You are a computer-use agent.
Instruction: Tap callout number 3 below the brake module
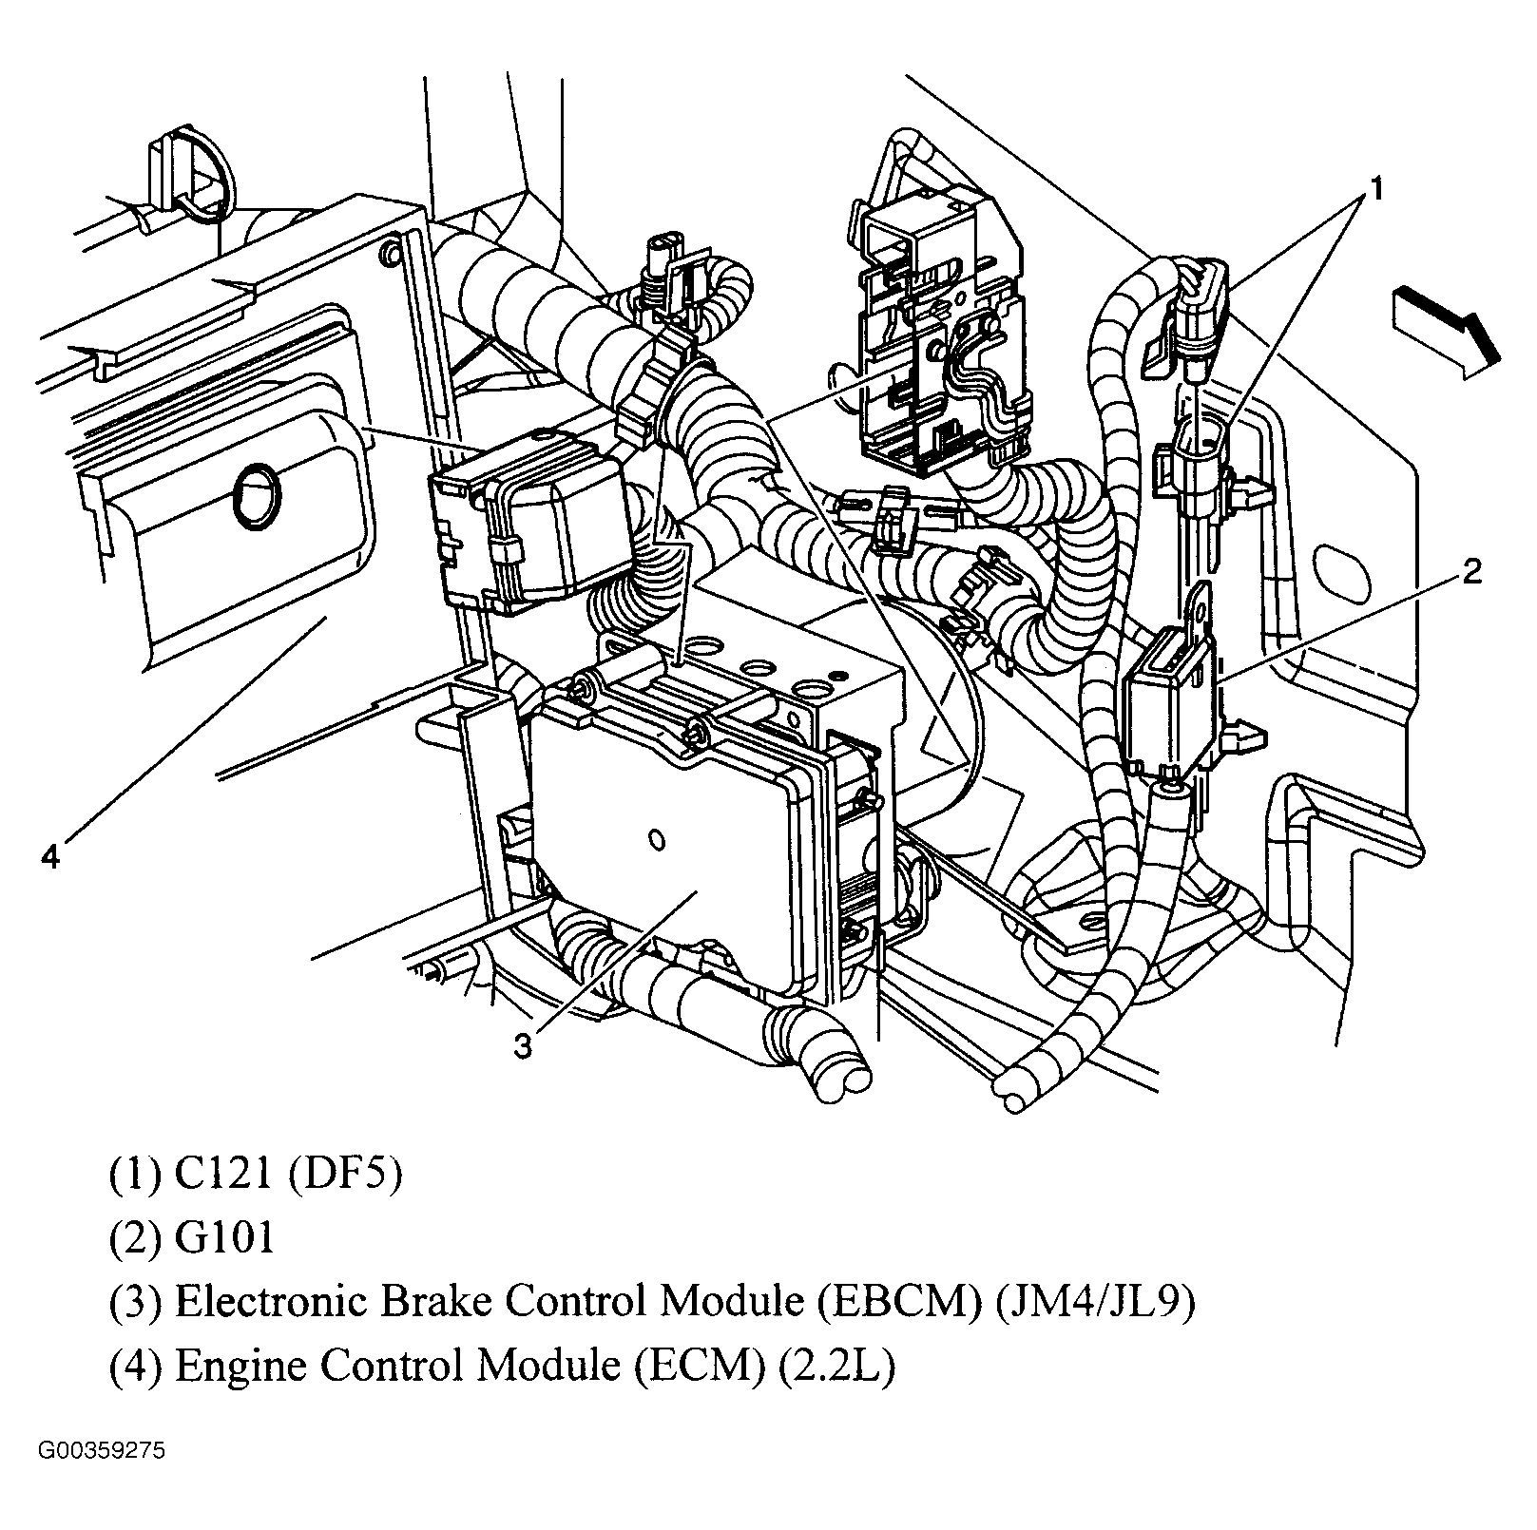click(524, 1046)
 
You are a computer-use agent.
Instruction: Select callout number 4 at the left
click(50, 856)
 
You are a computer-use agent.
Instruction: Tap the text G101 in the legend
click(225, 1238)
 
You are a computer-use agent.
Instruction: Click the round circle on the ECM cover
click(257, 495)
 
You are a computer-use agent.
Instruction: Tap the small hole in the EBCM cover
click(655, 840)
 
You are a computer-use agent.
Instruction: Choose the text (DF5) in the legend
click(345, 1175)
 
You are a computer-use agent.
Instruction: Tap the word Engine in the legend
click(240, 1366)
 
